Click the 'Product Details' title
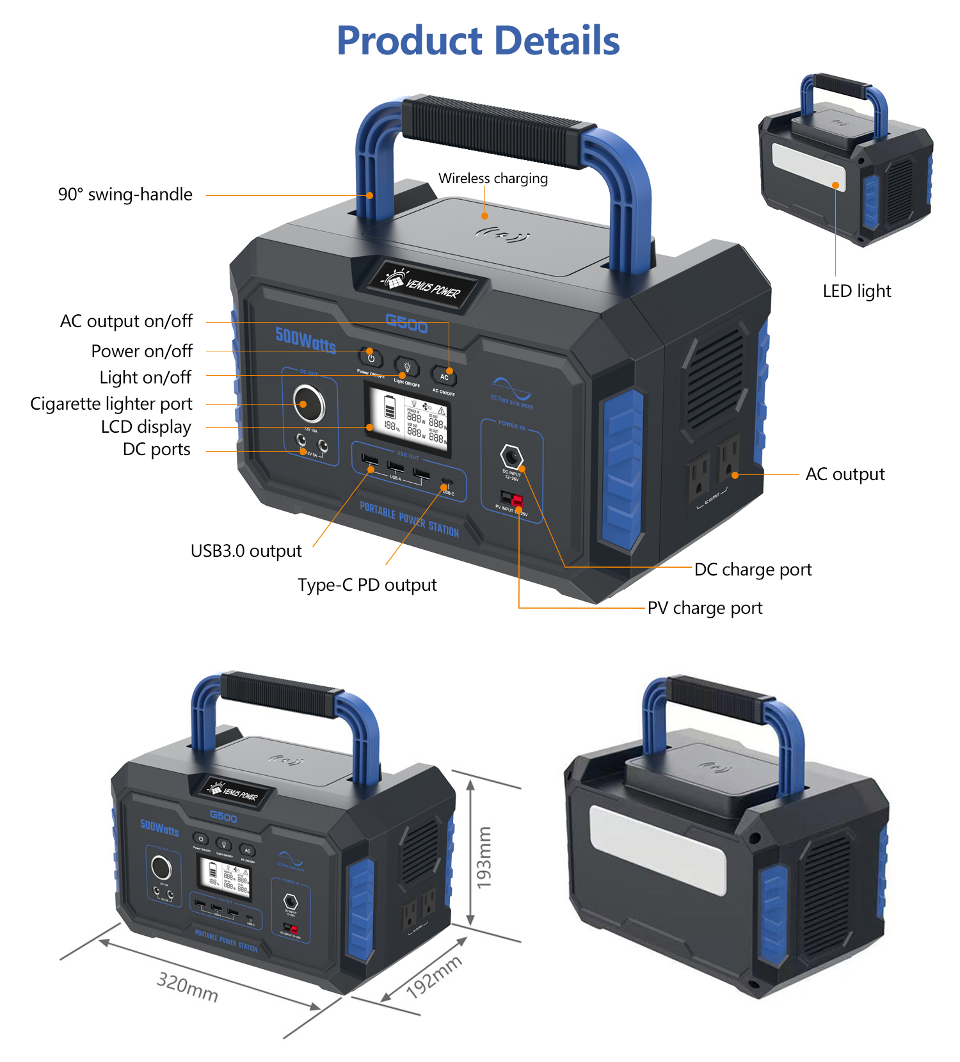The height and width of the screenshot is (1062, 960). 478,41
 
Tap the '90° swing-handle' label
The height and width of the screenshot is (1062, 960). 125,195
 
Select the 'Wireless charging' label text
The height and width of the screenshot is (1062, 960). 493,178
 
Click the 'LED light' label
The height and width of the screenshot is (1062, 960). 856,291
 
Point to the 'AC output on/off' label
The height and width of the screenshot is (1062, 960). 126,321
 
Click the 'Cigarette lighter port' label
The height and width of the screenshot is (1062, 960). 111,404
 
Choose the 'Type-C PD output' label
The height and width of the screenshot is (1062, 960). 367,585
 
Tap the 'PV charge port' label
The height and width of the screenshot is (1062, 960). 705,608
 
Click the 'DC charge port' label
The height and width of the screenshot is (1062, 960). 753,570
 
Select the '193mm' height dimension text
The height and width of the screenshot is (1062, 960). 484,857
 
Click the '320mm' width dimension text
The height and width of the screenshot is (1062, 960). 188,986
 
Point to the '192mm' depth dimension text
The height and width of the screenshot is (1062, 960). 434,977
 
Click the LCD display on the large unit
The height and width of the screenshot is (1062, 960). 407,419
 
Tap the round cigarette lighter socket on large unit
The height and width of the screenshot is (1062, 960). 309,403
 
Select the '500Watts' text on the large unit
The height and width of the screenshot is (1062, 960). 306,340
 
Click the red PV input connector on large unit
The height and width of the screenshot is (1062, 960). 516,499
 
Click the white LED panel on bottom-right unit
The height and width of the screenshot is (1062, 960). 657,849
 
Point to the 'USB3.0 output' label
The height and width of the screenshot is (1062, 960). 246,551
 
